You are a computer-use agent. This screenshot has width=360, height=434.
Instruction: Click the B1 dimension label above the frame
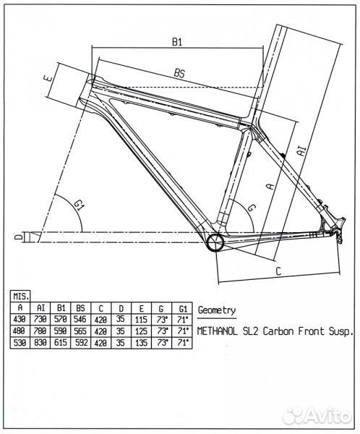(177, 42)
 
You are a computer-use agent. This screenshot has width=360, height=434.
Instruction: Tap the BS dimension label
(179, 73)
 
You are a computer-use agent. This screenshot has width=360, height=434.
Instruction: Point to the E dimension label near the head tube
(48, 78)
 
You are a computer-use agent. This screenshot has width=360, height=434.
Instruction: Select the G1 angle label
(80, 205)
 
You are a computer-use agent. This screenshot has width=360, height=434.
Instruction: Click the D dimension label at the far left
(19, 237)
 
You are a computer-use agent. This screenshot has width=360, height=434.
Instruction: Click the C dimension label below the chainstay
(278, 271)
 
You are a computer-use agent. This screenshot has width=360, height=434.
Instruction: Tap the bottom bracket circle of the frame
(215, 242)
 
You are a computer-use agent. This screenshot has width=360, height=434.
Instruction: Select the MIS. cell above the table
(20, 297)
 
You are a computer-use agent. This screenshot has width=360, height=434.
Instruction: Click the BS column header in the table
(80, 308)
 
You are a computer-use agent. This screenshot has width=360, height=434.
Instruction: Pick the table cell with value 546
(80, 320)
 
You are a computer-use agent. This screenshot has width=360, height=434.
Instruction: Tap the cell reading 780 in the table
(40, 331)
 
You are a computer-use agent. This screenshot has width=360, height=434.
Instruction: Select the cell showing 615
(61, 343)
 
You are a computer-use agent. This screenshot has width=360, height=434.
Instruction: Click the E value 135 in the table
(141, 343)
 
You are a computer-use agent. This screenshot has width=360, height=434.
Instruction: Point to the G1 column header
(182, 308)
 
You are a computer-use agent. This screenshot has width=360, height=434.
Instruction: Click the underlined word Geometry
(217, 310)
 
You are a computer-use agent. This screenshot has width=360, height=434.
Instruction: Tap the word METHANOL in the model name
(217, 331)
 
